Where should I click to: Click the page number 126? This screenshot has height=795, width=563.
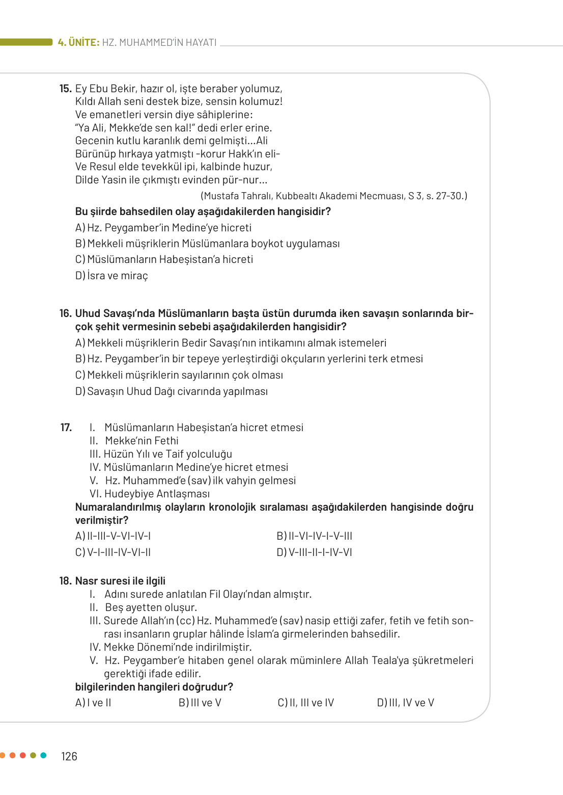tap(69, 756)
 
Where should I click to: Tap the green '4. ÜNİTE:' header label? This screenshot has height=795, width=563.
tap(78, 43)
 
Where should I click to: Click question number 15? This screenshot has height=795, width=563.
tap(65, 89)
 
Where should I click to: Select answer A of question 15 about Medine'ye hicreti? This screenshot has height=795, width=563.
tap(163, 228)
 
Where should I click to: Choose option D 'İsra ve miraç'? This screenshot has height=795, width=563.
tap(111, 276)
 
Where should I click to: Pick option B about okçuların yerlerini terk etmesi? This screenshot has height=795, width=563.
tap(249, 359)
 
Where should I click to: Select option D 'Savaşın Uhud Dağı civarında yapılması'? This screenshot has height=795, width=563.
tap(172, 391)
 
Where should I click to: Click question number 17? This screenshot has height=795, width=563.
tap(66, 428)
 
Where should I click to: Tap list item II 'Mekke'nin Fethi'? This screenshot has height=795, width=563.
tap(134, 441)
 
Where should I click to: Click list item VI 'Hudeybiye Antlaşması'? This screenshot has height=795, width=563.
tap(150, 494)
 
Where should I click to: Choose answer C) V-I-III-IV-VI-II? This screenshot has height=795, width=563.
tap(113, 552)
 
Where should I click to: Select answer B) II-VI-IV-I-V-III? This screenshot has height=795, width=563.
tap(314, 536)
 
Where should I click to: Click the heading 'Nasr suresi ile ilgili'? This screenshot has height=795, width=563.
tap(120, 581)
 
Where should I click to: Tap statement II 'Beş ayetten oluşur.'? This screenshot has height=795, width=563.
tap(144, 607)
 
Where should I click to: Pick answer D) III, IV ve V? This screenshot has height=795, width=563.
tap(405, 703)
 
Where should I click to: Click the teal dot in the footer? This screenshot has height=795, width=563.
tap(43, 755)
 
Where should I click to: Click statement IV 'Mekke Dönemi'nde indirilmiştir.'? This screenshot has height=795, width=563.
tap(171, 647)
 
